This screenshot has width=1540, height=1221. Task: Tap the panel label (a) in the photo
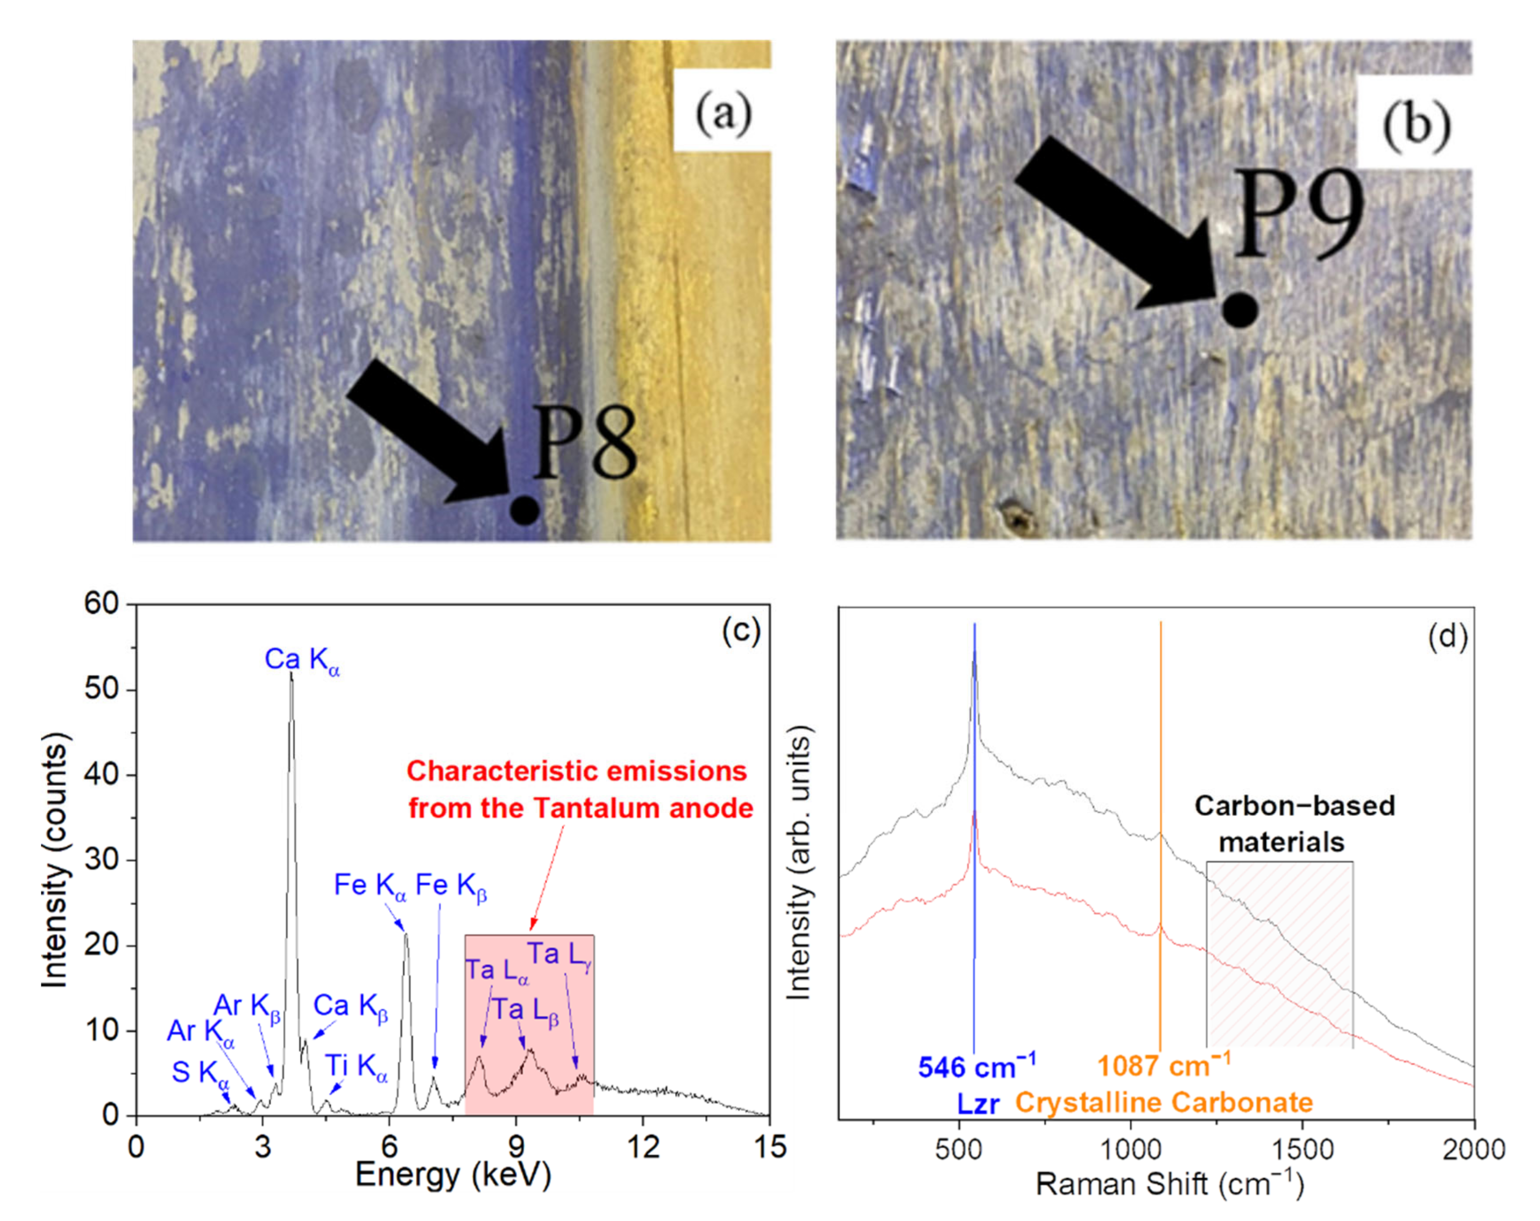(x=723, y=113)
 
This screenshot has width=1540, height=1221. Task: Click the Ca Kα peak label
(x=301, y=659)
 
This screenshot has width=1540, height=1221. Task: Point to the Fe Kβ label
(x=451, y=885)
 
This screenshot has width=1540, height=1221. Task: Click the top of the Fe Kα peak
(x=406, y=934)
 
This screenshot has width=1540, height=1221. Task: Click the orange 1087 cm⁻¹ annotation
(x=1163, y=1066)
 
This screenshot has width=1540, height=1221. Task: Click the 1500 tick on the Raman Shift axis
(x=1303, y=1150)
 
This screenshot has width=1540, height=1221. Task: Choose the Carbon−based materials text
(x=1294, y=823)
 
